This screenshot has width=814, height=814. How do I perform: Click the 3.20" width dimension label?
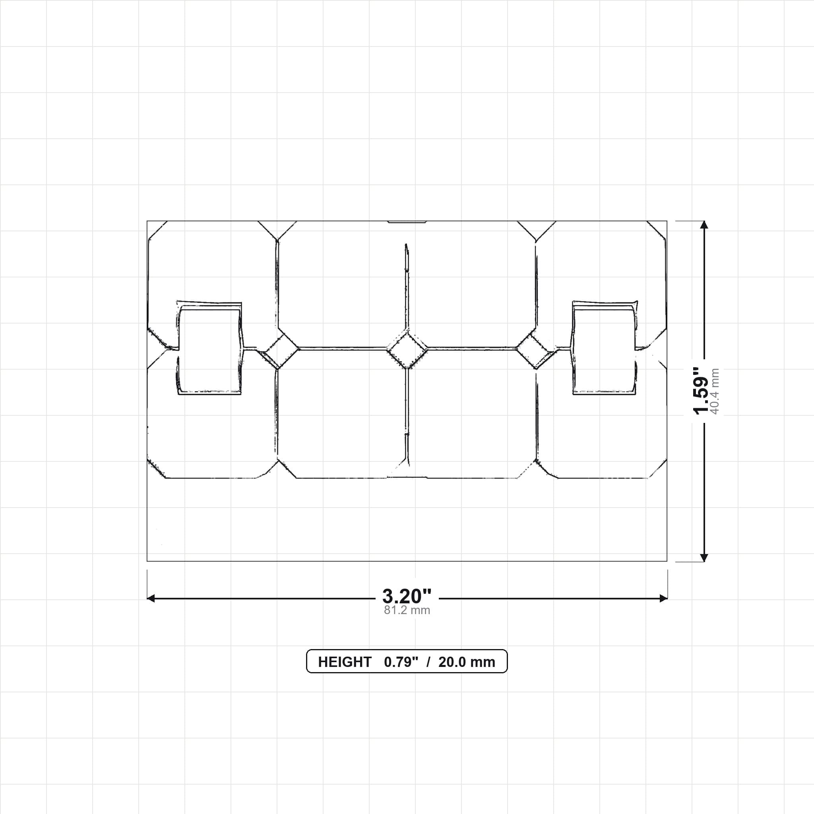pyautogui.click(x=407, y=596)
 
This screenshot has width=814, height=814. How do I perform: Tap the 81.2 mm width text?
pyautogui.click(x=407, y=610)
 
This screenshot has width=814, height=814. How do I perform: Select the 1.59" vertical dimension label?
pyautogui.click(x=702, y=391)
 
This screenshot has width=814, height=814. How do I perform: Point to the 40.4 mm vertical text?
pyautogui.click(x=715, y=391)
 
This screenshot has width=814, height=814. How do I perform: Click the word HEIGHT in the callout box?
pyautogui.click(x=345, y=662)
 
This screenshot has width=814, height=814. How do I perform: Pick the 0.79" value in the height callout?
pyautogui.click(x=401, y=662)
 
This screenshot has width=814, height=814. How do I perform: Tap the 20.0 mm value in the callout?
pyautogui.click(x=466, y=662)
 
